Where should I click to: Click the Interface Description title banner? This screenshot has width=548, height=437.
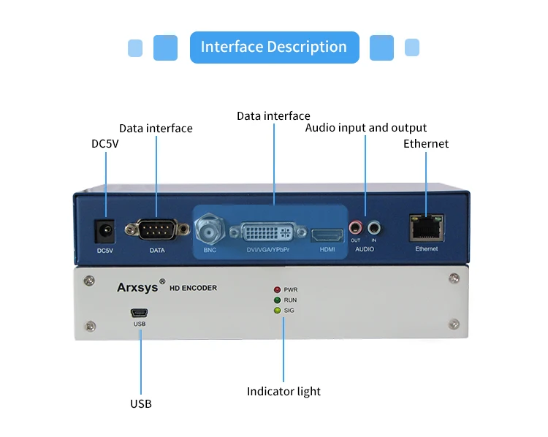[274, 47]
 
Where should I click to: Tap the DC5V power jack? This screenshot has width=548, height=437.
[104, 231]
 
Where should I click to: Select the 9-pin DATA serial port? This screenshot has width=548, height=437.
[157, 229]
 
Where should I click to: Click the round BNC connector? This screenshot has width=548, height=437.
[210, 229]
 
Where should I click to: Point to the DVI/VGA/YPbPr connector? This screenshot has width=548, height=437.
[268, 232]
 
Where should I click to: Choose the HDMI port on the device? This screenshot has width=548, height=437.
[327, 235]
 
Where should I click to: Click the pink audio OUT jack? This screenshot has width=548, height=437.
[355, 228]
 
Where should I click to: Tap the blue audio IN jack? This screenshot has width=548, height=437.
[374, 228]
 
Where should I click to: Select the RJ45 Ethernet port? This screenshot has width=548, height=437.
[427, 228]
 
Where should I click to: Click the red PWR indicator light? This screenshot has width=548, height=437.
[277, 289]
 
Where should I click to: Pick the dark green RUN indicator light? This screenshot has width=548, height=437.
[277, 300]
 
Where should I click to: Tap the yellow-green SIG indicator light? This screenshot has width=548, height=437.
[277, 310]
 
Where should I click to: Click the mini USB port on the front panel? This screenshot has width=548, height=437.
[140, 313]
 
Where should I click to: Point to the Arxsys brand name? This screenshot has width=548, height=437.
[137, 287]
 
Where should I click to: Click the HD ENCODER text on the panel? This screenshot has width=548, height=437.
[194, 288]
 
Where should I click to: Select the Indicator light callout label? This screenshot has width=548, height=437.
[283, 391]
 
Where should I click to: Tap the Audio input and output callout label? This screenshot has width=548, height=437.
[365, 128]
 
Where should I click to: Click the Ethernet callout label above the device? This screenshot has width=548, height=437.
[426, 144]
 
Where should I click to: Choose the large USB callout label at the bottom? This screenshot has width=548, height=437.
[141, 404]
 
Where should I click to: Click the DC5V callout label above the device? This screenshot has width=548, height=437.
[104, 144]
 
